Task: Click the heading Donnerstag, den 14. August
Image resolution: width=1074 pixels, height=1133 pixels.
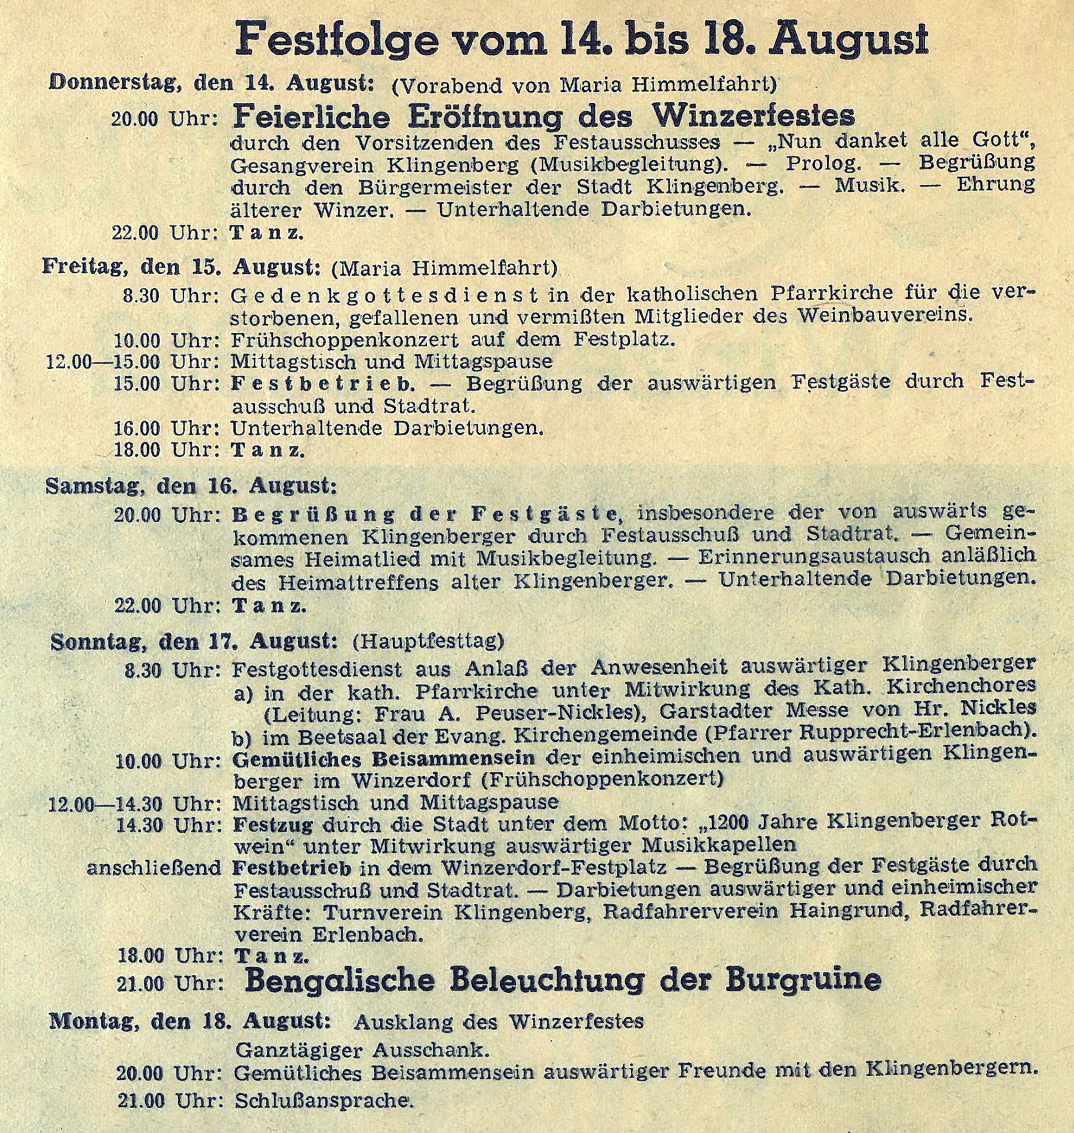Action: (212, 84)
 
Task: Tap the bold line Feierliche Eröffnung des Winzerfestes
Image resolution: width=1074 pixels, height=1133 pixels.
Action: (543, 116)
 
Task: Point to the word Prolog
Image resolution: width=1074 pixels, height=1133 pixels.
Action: (824, 164)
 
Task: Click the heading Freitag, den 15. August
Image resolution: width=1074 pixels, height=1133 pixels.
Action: (180, 267)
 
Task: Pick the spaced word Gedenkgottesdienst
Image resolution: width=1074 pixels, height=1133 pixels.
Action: (384, 295)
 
